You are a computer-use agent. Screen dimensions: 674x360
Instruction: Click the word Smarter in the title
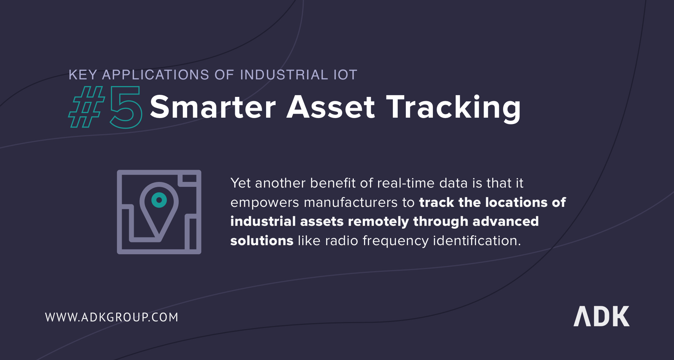[213, 107]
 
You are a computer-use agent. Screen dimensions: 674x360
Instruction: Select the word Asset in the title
[331, 107]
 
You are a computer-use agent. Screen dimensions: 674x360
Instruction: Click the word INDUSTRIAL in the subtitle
[284, 75]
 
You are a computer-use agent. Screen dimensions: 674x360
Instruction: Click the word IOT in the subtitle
[345, 75]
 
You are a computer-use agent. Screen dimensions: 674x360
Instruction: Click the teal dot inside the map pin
[159, 200]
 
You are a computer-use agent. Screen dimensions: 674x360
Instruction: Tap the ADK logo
[601, 316]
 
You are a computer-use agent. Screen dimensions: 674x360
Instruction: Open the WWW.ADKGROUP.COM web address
[112, 317]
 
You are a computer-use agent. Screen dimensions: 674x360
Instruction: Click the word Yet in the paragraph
[240, 183]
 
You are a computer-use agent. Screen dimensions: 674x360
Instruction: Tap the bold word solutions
[262, 241]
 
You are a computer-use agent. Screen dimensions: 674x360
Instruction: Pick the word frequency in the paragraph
[396, 241]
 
